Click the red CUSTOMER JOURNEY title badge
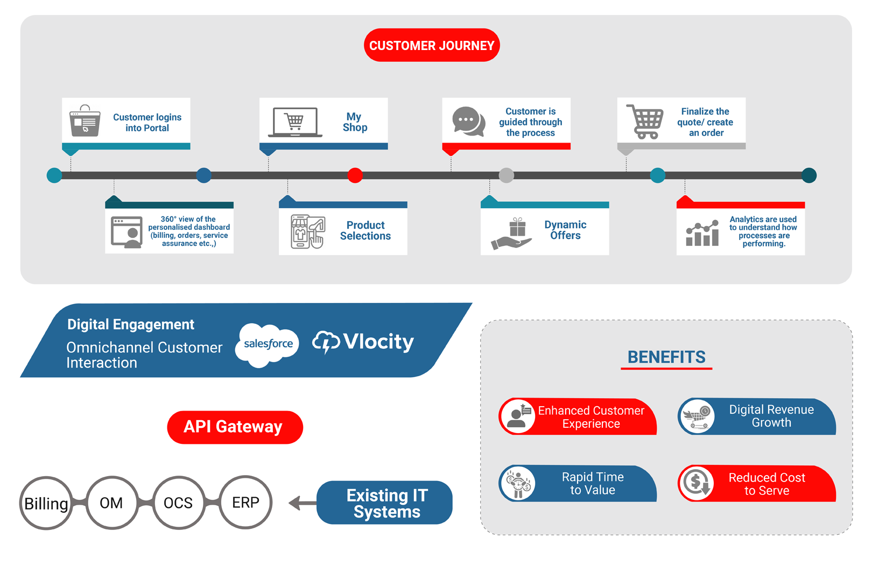click(x=432, y=45)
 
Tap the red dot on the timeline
click(x=355, y=175)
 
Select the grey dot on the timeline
click(x=506, y=175)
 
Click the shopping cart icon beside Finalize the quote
click(x=645, y=122)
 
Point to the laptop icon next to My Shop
click(x=295, y=122)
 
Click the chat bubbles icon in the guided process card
click(x=468, y=121)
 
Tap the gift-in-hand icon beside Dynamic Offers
click(x=513, y=233)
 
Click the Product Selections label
click(x=365, y=230)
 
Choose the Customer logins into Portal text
click(x=147, y=123)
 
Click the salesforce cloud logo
click(x=268, y=344)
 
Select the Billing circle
click(x=46, y=503)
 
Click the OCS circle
click(x=178, y=503)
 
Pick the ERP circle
click(x=245, y=503)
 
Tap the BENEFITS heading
click(x=666, y=357)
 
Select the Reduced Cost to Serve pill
click(x=757, y=484)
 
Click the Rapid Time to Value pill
click(x=579, y=484)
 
